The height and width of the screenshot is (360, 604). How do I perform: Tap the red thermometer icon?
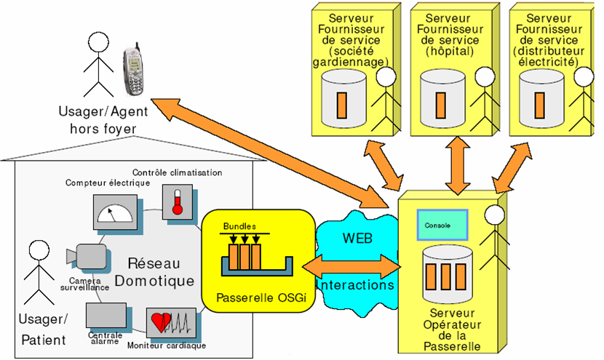175,200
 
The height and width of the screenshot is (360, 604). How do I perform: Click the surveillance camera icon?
86,256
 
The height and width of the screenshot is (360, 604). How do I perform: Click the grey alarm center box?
106,316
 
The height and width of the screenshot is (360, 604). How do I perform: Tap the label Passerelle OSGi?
256,298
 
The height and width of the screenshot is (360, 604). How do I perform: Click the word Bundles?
240,225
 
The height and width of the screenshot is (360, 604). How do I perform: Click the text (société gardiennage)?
349,57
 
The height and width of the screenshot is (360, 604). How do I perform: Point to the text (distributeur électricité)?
546,57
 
